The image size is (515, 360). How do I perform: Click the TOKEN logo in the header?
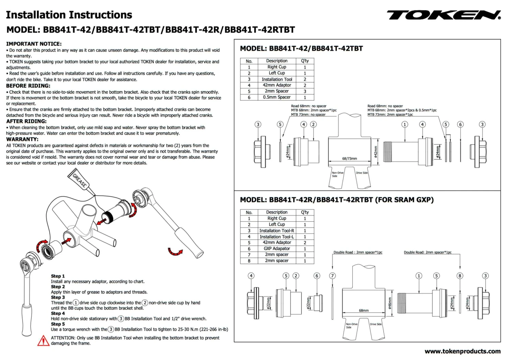[x=444, y=15]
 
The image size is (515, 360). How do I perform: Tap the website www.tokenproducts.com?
[x=462, y=351]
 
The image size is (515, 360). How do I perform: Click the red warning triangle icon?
[x=43, y=340]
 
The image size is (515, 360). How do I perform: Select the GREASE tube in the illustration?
[x=80, y=181]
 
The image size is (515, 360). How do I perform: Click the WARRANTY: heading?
[x=22, y=139]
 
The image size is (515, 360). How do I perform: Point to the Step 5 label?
[x=58, y=324]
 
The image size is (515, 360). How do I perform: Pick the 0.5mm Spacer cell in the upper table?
[x=277, y=97]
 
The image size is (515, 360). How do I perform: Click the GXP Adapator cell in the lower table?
[x=277, y=248]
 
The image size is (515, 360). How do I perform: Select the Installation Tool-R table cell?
[x=277, y=231]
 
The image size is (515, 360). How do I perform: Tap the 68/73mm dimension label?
[x=349, y=159]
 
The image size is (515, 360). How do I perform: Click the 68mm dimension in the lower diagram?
[x=364, y=310]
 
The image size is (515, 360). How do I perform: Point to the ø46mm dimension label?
[x=390, y=303]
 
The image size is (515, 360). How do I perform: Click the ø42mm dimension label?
[x=375, y=152]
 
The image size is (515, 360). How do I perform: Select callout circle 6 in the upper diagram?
[x=460, y=124]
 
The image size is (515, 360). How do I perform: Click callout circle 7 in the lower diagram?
[x=332, y=276]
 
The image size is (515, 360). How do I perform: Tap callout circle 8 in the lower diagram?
[x=460, y=276]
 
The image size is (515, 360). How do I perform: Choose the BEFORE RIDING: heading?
[x=28, y=86]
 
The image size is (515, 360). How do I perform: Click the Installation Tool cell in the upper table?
[x=277, y=79]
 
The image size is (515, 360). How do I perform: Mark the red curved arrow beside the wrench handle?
[x=175, y=252]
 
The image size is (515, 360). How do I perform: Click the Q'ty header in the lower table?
[x=305, y=212]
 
